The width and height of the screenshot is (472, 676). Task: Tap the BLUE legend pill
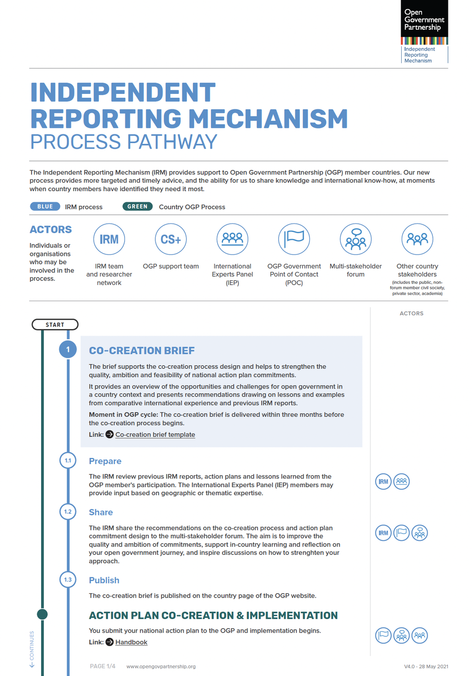point(45,206)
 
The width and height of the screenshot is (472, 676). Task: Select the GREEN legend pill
point(137,206)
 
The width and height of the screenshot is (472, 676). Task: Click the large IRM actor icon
point(109,239)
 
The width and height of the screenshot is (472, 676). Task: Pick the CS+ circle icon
point(171,239)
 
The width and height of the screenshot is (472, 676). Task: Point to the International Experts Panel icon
point(232,239)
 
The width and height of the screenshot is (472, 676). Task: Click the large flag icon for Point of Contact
point(294,239)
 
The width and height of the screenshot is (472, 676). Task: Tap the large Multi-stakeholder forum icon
point(356,239)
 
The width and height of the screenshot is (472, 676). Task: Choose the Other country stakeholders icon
point(417,239)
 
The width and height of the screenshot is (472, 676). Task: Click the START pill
point(55,325)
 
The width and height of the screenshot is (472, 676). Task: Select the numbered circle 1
point(68,350)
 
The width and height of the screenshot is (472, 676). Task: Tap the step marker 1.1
point(68,460)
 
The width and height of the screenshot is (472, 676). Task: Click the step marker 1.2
point(68,512)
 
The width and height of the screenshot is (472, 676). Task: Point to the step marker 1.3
point(68,580)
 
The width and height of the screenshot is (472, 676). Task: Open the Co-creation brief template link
point(155,434)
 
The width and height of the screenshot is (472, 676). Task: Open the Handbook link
point(131,642)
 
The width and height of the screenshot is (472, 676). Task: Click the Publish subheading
point(104,580)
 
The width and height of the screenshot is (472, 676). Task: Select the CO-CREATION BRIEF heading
point(142,351)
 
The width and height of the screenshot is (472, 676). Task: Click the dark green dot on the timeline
point(42,614)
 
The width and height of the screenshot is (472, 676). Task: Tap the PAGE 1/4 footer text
point(102,666)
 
